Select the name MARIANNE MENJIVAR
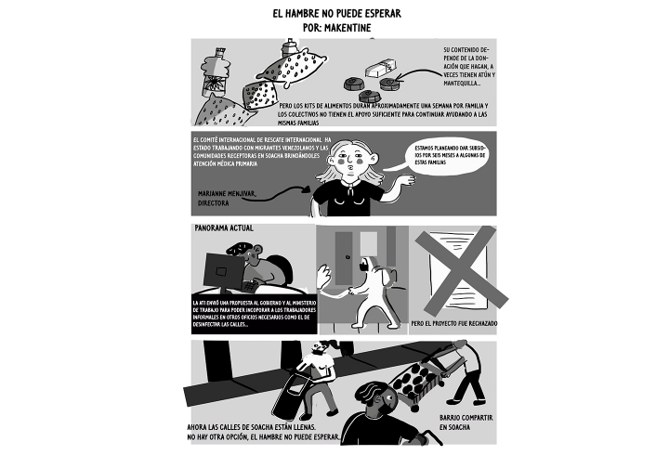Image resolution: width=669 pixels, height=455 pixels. pos(228,193)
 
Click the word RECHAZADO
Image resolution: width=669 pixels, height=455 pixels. pos(478,324)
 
